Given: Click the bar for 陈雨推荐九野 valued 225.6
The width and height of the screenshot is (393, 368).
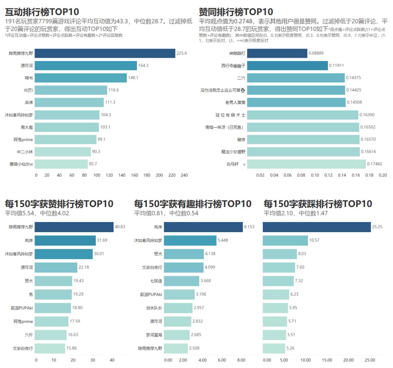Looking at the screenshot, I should click(x=106, y=53).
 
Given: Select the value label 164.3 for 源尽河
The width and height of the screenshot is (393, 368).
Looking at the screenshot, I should click(x=143, y=65).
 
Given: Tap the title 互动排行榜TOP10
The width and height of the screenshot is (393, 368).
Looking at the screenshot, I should click(x=42, y=12).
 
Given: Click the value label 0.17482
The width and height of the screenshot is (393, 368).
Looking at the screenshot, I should click(x=374, y=164).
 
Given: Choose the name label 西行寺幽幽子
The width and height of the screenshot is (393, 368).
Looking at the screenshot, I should click(x=233, y=66).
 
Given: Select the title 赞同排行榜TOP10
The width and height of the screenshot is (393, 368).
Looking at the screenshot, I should click(x=236, y=12).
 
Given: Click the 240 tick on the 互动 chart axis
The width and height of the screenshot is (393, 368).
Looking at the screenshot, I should click(x=184, y=175).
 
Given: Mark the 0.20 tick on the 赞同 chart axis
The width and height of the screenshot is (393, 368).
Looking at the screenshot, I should click(x=383, y=175).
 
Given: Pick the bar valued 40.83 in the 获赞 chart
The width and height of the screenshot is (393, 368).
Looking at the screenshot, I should click(x=74, y=227).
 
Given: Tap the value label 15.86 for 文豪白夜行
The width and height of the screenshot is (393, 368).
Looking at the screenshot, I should click(x=72, y=348).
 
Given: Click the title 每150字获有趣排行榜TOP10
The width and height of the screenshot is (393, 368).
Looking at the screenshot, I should click(x=192, y=204).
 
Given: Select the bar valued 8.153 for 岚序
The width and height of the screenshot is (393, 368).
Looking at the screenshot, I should click(x=203, y=227).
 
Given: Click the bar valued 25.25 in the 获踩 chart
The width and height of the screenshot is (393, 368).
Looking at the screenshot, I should click(x=317, y=227).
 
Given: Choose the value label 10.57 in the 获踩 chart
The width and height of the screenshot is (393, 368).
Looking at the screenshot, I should click(x=315, y=240).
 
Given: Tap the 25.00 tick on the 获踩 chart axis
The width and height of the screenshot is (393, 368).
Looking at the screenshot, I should click(x=370, y=360).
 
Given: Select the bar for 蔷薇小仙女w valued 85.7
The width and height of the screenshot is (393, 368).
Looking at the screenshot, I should click(x=62, y=164).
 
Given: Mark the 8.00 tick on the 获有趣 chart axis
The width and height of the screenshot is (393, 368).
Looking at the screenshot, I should click(x=241, y=360).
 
